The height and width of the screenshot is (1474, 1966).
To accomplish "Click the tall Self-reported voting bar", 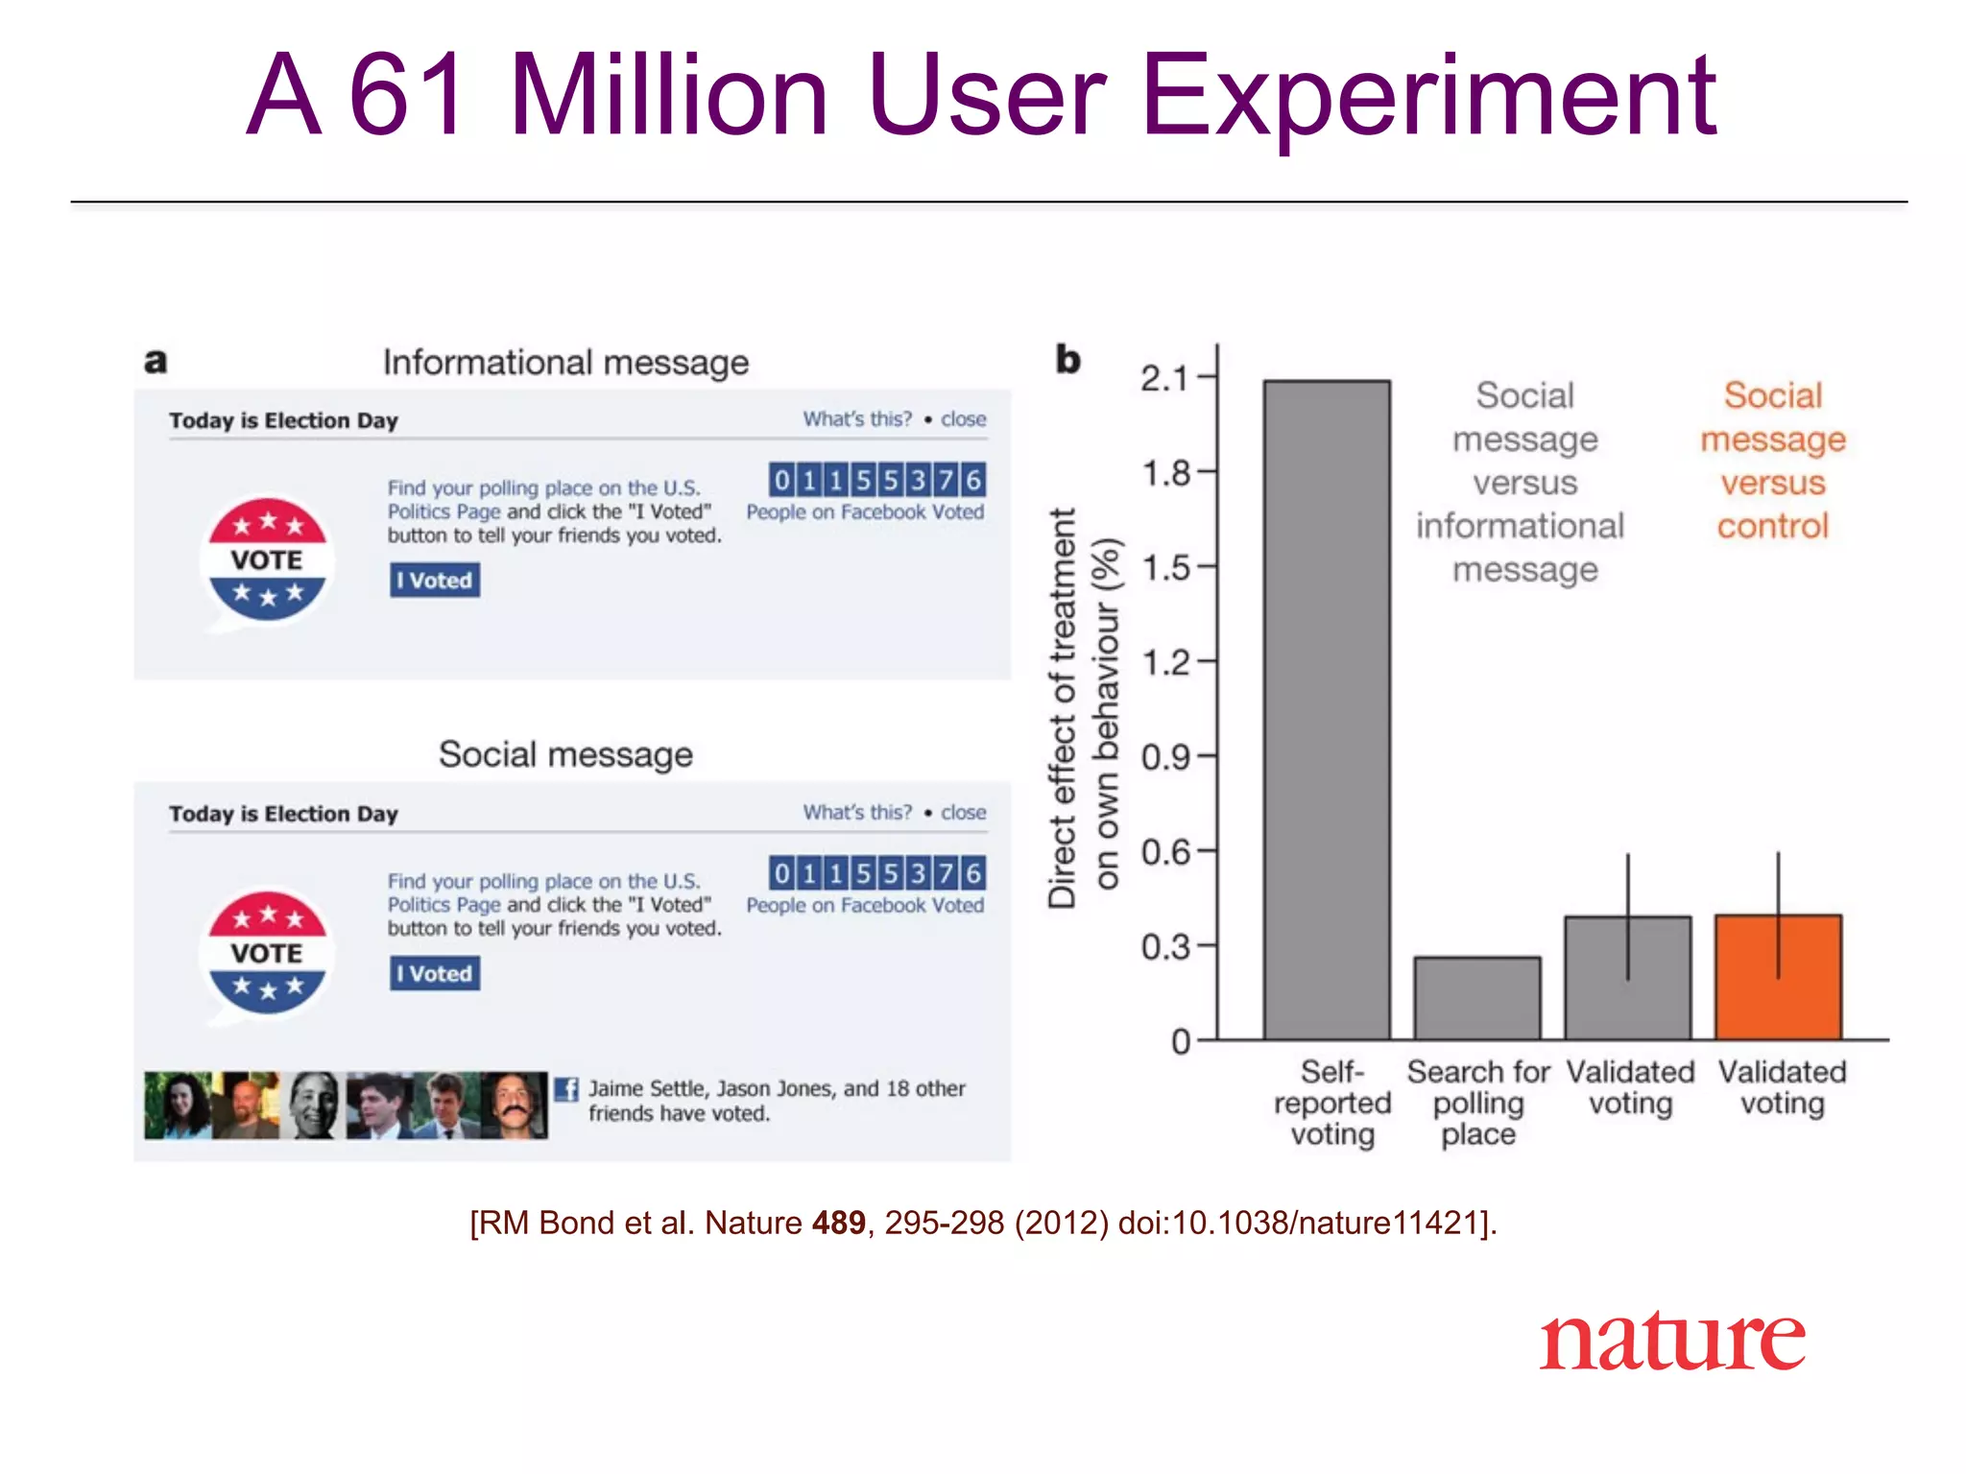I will tap(1327, 710).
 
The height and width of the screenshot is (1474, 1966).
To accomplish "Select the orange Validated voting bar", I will tap(1778, 977).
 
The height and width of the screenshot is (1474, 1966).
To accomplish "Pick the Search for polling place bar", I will tap(1477, 998).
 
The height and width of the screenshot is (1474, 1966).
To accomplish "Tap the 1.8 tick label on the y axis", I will tap(1165, 473).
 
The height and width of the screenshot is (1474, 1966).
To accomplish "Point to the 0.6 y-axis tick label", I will tap(1165, 852).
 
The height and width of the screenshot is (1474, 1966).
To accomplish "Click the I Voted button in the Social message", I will tap(435, 973).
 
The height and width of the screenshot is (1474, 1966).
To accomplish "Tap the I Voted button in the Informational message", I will tap(435, 580).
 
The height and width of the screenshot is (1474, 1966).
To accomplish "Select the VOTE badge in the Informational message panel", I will tap(268, 559).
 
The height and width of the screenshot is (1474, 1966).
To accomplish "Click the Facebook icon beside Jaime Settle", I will tap(566, 1089).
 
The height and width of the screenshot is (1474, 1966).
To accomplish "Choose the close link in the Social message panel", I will tap(963, 813).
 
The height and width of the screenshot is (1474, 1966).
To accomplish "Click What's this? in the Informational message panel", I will tap(857, 419).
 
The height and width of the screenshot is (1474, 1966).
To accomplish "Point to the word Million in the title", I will tap(669, 96).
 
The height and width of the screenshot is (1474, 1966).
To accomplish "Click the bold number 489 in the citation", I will tap(838, 1223).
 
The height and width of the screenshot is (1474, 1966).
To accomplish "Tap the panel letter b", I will tap(1067, 360).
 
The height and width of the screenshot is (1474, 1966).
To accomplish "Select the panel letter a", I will tap(156, 362).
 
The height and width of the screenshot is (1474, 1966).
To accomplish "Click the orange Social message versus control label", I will tap(1773, 461).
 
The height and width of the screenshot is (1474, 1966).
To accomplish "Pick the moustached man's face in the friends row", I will tap(515, 1105).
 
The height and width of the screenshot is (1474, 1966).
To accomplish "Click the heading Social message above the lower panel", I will tap(565, 754).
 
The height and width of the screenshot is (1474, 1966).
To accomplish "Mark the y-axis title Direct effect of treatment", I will tap(1062, 708).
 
